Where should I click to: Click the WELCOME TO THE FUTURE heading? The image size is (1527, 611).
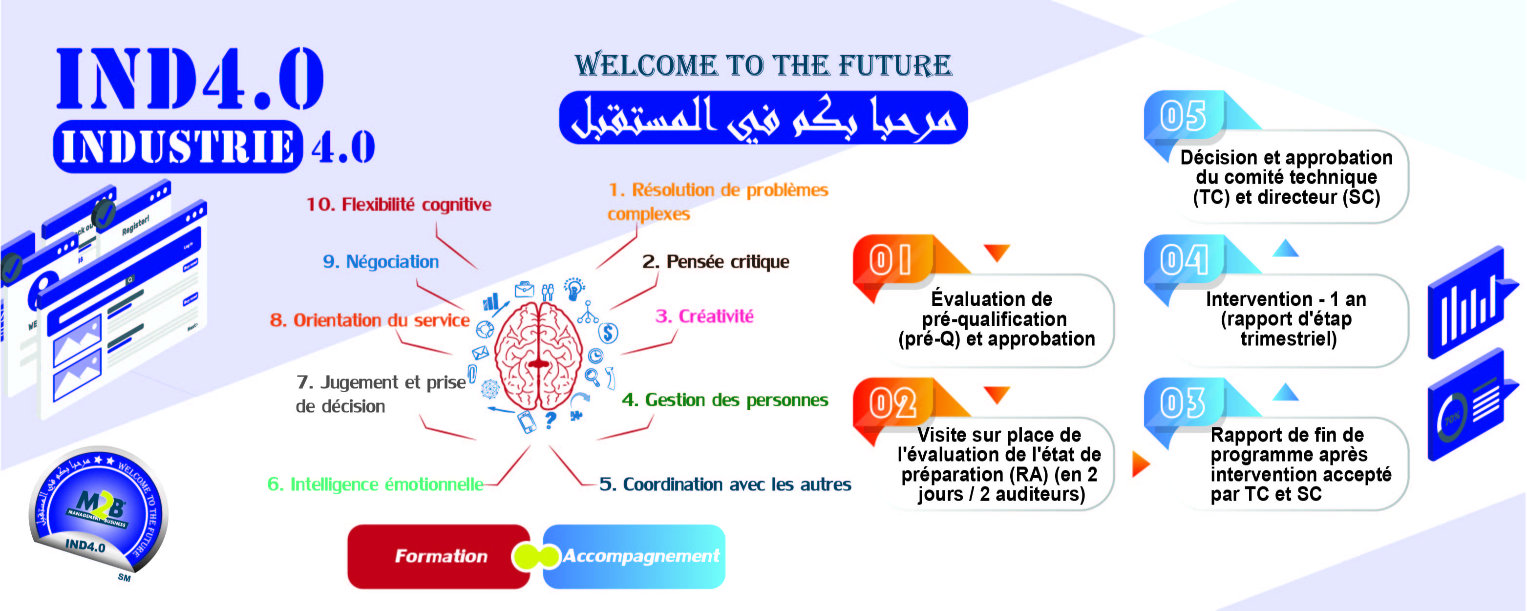763,65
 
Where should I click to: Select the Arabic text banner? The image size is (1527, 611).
763,117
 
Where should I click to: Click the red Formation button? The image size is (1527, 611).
439,556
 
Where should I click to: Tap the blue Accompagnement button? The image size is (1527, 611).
637,556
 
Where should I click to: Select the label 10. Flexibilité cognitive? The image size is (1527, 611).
398,205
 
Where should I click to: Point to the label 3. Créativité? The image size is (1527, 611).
704,316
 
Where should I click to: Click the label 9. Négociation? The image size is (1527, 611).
381,261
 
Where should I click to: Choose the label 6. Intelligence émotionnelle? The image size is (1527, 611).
375,484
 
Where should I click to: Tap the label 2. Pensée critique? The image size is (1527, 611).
716,261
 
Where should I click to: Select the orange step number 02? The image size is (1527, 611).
892,403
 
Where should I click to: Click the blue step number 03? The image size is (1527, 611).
1183,403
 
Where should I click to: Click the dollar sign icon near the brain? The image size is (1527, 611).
608,333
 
